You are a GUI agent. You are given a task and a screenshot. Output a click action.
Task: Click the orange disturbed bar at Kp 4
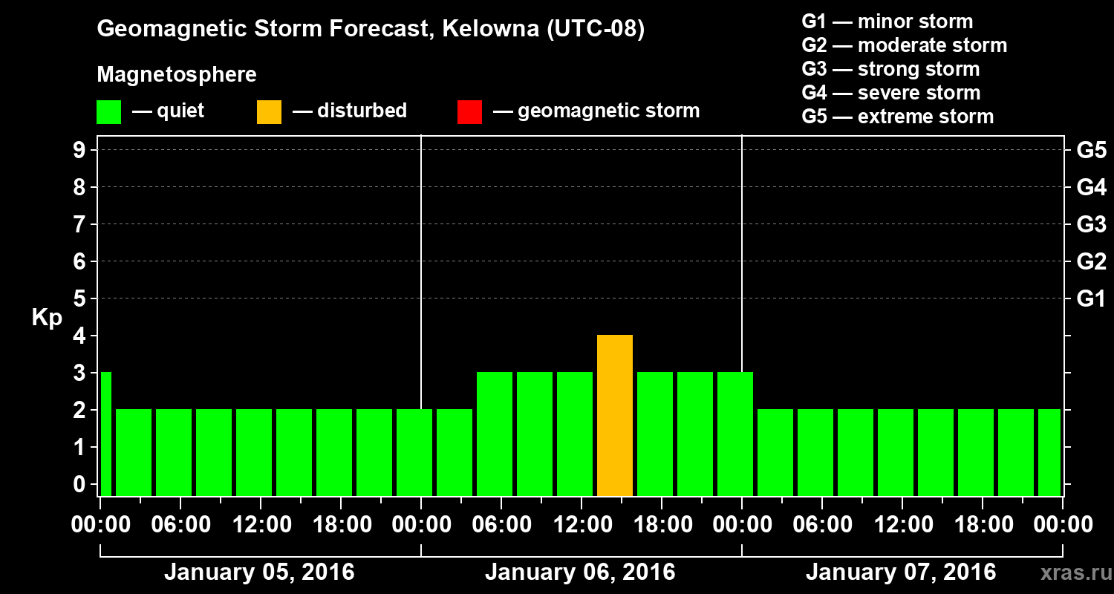(615, 416)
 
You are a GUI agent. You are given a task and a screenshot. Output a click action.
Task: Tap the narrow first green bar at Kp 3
(105, 434)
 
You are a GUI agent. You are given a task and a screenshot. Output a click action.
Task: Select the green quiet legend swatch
(108, 111)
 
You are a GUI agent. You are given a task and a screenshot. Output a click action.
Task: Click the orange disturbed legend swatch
(269, 111)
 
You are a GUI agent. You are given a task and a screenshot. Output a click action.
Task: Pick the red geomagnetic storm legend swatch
(469, 111)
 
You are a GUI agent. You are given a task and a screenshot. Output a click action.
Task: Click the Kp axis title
(48, 318)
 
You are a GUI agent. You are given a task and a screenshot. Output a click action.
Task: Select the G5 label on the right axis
(1091, 150)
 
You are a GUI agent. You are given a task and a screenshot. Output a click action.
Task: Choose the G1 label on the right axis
(1091, 298)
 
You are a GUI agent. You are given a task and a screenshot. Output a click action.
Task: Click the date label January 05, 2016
(259, 572)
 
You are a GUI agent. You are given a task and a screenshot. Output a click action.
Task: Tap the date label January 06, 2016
(580, 572)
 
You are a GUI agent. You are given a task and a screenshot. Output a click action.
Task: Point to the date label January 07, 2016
(901, 572)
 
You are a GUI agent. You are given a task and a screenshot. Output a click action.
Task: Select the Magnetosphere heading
(177, 75)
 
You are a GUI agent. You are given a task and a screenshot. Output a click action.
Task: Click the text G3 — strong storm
(890, 69)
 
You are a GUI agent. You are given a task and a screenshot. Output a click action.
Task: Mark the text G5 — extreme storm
(897, 117)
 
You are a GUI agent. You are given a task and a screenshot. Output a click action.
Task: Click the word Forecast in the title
(377, 29)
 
